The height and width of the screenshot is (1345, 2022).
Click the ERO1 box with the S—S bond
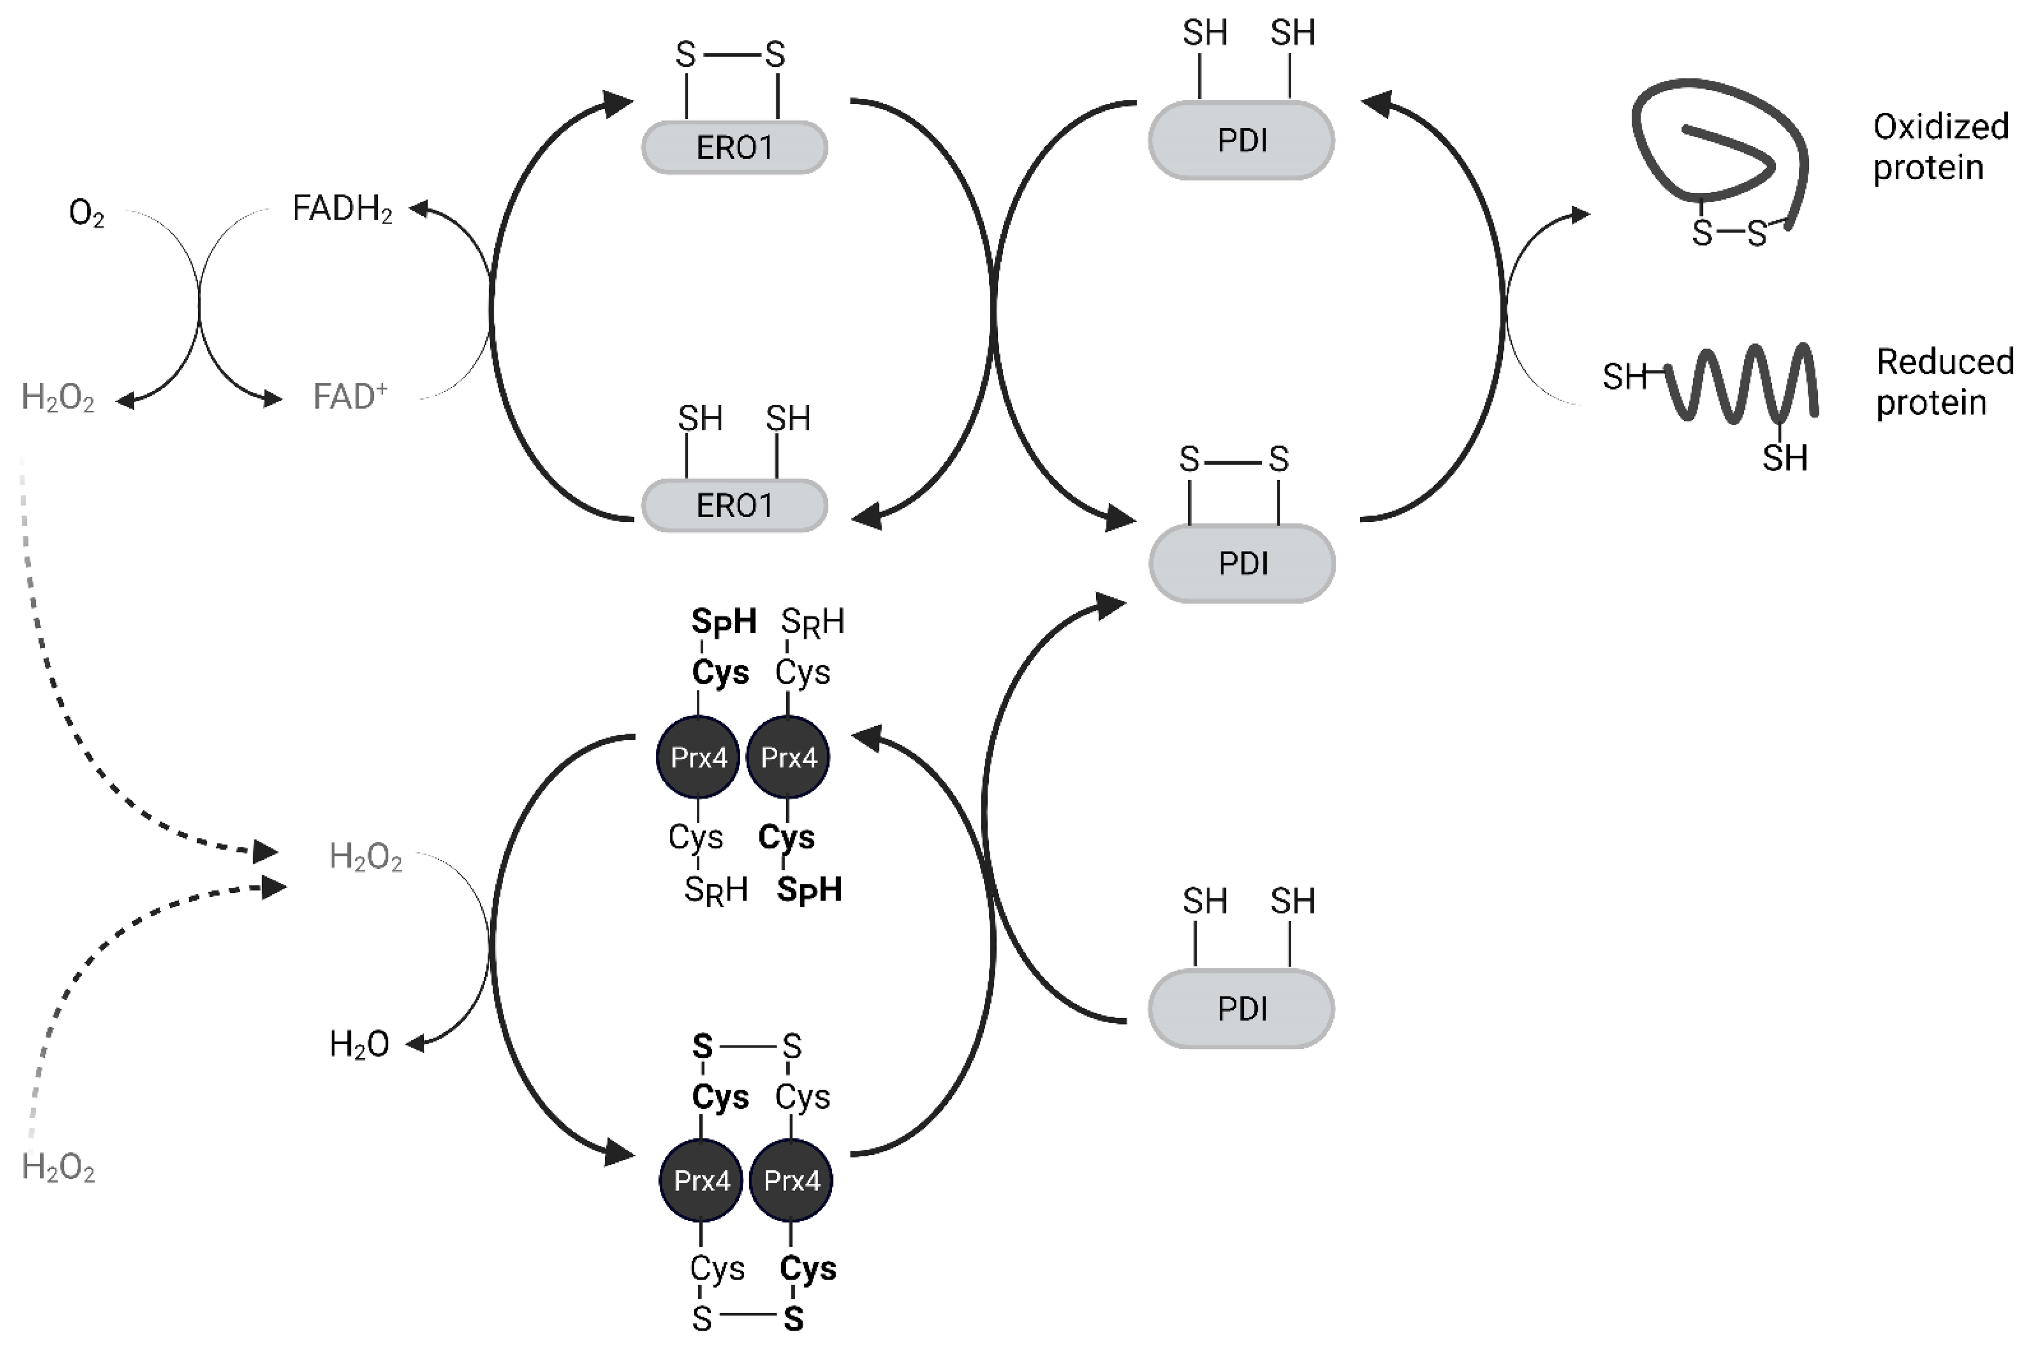[x=734, y=148]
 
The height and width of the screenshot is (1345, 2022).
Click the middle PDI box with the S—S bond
[x=1241, y=563]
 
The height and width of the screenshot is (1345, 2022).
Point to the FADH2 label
[x=341, y=209]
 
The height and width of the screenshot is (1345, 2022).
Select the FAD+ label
[x=349, y=397]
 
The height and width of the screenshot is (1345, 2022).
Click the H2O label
[x=358, y=1045]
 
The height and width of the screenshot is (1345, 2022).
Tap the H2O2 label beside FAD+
[x=57, y=399]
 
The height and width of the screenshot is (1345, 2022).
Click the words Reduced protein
[x=1944, y=382]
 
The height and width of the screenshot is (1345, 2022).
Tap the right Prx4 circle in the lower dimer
[x=791, y=1180]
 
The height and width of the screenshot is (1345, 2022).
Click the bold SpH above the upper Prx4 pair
[x=723, y=621]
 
